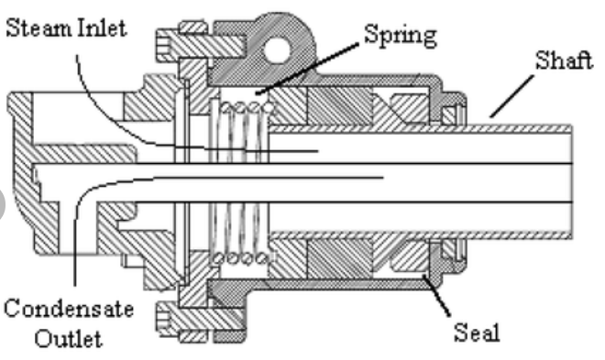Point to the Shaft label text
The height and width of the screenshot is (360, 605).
tap(564, 63)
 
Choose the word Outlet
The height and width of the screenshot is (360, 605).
tap(68, 339)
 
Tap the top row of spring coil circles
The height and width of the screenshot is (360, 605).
tap(242, 108)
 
